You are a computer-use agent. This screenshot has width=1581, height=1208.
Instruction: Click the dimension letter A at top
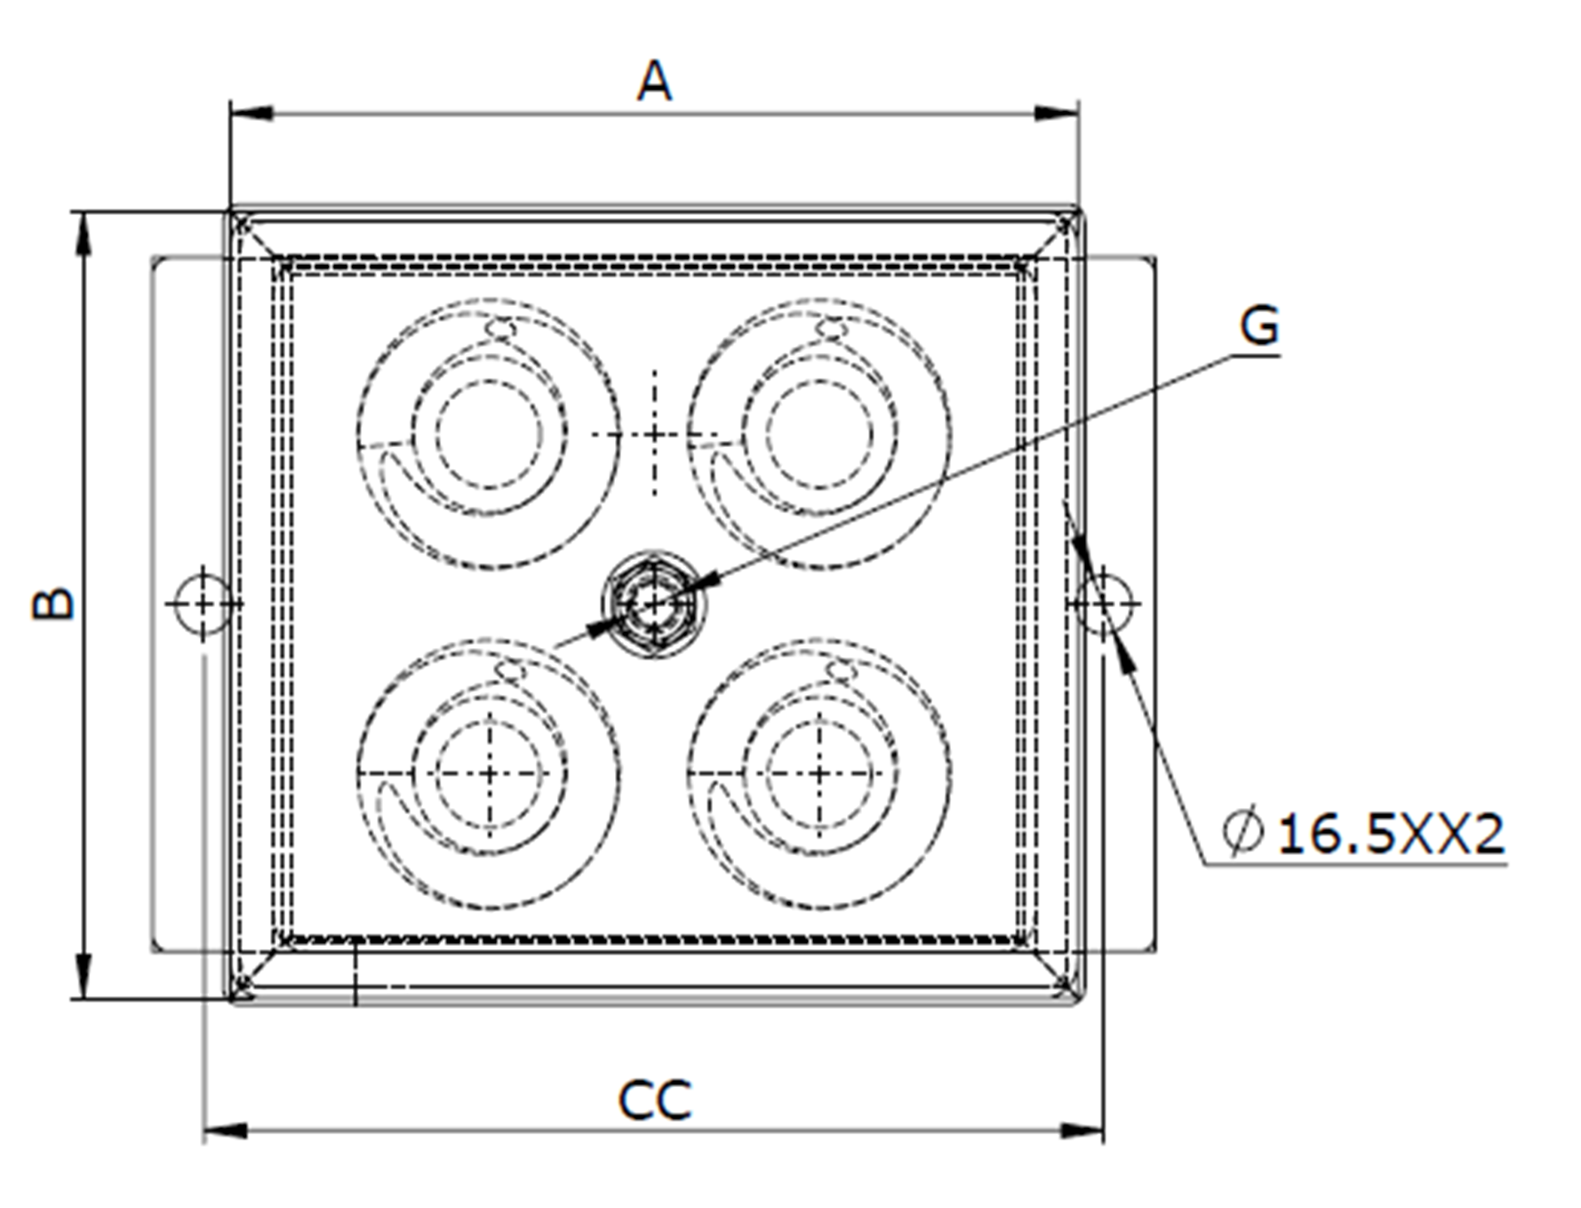pyautogui.click(x=654, y=83)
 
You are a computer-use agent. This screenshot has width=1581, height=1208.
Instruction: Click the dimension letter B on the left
pyautogui.click(x=53, y=604)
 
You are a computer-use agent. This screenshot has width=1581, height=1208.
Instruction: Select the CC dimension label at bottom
pyautogui.click(x=654, y=1100)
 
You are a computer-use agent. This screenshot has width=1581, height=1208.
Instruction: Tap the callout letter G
pyautogui.click(x=1258, y=326)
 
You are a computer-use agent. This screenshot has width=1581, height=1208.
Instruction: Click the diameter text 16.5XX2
pyautogui.click(x=1391, y=835)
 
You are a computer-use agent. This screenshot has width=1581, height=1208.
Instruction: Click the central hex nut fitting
pyautogui.click(x=654, y=604)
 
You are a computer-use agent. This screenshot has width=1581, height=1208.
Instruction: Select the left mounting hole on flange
pyautogui.click(x=204, y=604)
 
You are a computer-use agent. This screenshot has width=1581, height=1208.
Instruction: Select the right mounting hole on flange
pyautogui.click(x=1104, y=604)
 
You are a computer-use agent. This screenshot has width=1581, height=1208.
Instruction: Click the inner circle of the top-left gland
pyautogui.click(x=489, y=435)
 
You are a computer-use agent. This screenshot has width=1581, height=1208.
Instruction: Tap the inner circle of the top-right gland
pyautogui.click(x=819, y=435)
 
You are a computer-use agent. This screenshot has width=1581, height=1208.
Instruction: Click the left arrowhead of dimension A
pyautogui.click(x=252, y=114)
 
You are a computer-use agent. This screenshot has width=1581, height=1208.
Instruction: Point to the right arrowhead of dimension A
pyautogui.click(x=1057, y=114)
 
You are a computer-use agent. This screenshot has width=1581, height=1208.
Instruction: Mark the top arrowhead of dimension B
pyautogui.click(x=84, y=235)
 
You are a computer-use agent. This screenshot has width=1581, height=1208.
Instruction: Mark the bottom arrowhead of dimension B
pyautogui.click(x=84, y=976)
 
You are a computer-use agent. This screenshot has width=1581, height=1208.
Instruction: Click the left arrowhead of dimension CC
pyautogui.click(x=226, y=1132)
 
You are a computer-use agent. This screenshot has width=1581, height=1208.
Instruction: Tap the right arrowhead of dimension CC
pyautogui.click(x=1082, y=1132)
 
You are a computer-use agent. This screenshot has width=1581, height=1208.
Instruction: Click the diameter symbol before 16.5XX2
pyautogui.click(x=1242, y=833)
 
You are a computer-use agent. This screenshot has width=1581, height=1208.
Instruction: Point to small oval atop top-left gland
pyautogui.click(x=500, y=329)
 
